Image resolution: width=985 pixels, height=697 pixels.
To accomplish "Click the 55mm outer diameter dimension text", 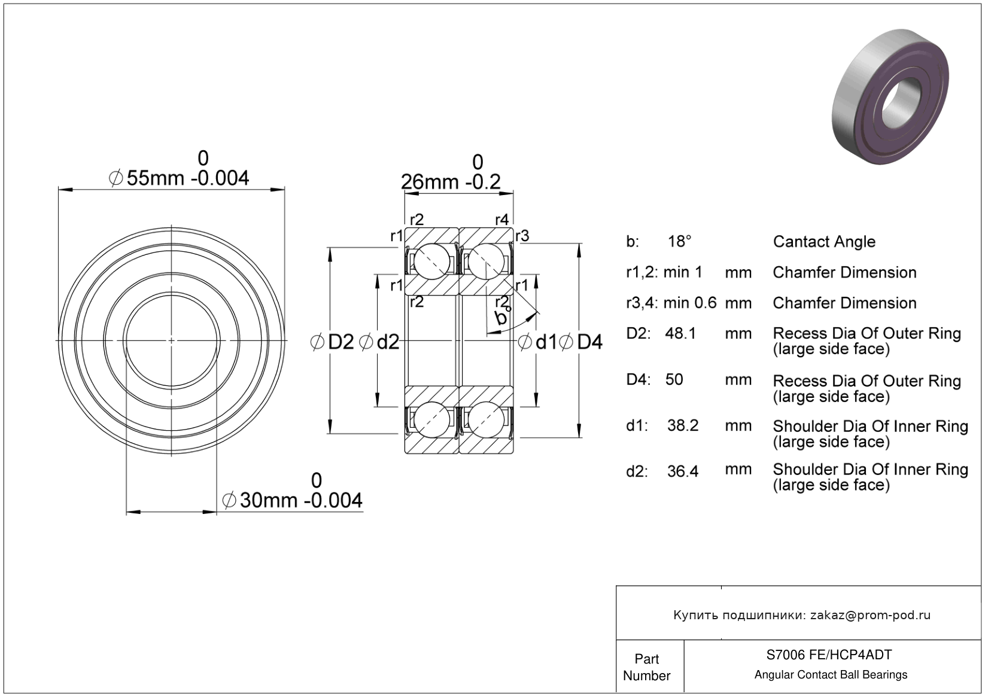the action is (x=179, y=178).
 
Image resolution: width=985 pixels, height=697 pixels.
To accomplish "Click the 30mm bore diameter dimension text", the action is (x=293, y=500).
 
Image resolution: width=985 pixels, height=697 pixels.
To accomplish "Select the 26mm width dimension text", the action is (x=451, y=181).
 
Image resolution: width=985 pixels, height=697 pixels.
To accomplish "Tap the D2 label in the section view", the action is (x=333, y=342).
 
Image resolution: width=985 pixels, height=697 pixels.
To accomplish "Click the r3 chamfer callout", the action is (x=522, y=236).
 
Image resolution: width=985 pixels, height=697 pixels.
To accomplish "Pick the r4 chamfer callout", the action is (x=501, y=220).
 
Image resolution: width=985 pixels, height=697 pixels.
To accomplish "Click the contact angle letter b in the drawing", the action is (x=500, y=318).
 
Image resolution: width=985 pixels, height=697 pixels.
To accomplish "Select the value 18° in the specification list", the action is (x=680, y=242).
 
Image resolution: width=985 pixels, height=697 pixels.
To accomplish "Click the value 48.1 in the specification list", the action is (x=680, y=333).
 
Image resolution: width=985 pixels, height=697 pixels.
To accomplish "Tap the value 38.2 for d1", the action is (x=683, y=425).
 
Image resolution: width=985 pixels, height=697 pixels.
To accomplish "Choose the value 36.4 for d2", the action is (x=683, y=471).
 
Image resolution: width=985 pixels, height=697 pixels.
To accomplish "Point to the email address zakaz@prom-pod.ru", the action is (x=870, y=615).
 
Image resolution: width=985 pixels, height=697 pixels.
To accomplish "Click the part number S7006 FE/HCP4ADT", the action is (x=829, y=655).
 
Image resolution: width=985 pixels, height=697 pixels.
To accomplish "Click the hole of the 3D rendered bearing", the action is (x=899, y=103).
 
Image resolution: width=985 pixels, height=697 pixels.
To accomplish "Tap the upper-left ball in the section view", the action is (x=432, y=261).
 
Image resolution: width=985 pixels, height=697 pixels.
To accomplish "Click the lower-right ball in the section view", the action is (x=486, y=419).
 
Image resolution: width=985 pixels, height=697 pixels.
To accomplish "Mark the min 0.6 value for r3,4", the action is (x=690, y=303).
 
